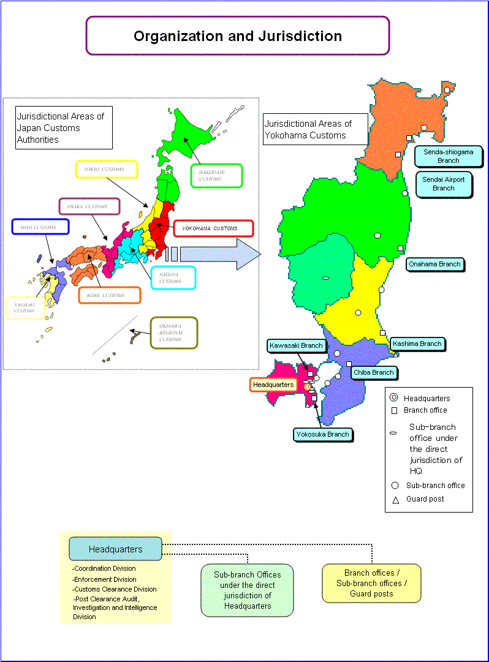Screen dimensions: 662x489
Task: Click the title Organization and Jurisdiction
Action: [238, 36]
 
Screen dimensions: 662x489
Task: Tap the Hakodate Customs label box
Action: [217, 176]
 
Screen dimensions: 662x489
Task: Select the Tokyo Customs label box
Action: [106, 170]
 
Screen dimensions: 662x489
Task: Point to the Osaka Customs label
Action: [88, 207]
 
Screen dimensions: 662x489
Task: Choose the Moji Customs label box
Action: [40, 227]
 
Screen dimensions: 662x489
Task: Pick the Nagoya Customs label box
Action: [173, 277]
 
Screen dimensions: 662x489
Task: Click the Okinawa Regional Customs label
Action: [174, 333]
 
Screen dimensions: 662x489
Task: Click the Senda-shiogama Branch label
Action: [448, 156]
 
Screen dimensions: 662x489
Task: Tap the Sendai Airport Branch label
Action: [444, 184]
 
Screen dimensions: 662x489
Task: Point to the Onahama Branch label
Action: [434, 264]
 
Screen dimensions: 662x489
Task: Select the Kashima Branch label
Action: [417, 344]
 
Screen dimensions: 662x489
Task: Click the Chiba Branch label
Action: [374, 372]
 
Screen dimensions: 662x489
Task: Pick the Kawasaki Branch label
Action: [296, 345]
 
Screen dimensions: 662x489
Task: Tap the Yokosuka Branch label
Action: [322, 434]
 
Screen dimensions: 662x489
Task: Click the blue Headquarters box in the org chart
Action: [115, 549]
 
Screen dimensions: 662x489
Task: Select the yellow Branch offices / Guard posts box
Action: [371, 583]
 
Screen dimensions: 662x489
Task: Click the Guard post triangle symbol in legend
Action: [395, 500]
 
